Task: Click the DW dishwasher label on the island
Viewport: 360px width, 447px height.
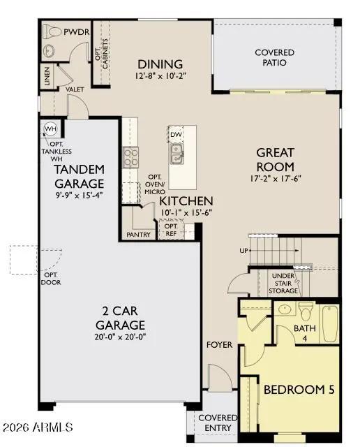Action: [176, 134]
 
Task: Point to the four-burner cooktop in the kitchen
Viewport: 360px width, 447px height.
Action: [131, 158]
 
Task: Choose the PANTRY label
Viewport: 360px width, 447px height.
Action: [140, 235]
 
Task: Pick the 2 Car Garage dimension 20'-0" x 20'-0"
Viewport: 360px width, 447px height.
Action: [120, 337]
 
